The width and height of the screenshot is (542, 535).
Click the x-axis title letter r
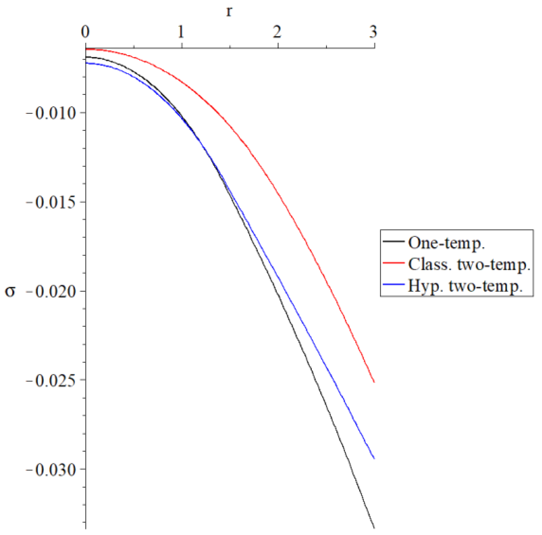[x=229, y=12]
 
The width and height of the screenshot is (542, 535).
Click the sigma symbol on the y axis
[x=10, y=291]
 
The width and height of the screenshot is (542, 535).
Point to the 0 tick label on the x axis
[x=85, y=32]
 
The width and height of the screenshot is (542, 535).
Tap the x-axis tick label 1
[x=181, y=32]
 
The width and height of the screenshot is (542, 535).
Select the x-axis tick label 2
[x=277, y=32]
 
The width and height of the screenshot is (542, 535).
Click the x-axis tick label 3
[x=373, y=32]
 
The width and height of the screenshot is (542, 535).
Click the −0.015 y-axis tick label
[x=51, y=202]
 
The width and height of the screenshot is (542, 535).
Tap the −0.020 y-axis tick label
[x=51, y=292]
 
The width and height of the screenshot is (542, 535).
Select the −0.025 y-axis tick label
[x=51, y=381]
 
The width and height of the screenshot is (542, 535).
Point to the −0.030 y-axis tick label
[x=51, y=470]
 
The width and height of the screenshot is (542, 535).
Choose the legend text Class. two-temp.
[x=469, y=264]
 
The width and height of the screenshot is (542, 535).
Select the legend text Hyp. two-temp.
[x=465, y=286]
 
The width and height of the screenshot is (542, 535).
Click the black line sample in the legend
[x=393, y=241]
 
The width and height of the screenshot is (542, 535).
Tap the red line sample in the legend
[x=393, y=262]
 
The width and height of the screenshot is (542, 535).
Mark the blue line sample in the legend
[x=393, y=284]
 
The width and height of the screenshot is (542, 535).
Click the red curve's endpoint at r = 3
[x=374, y=382]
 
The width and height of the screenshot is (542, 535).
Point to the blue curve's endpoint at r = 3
[x=374, y=458]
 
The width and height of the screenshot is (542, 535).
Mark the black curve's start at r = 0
[x=86, y=57]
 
